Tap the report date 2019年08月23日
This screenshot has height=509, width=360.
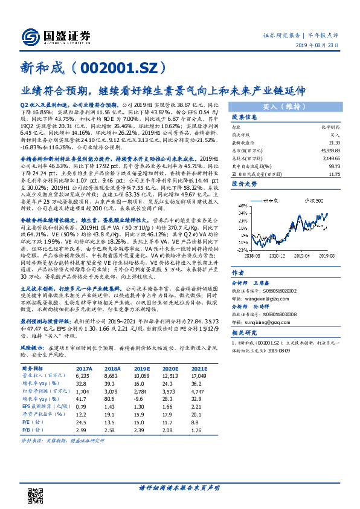[x=325, y=45]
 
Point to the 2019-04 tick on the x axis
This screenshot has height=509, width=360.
[x=304, y=256]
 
